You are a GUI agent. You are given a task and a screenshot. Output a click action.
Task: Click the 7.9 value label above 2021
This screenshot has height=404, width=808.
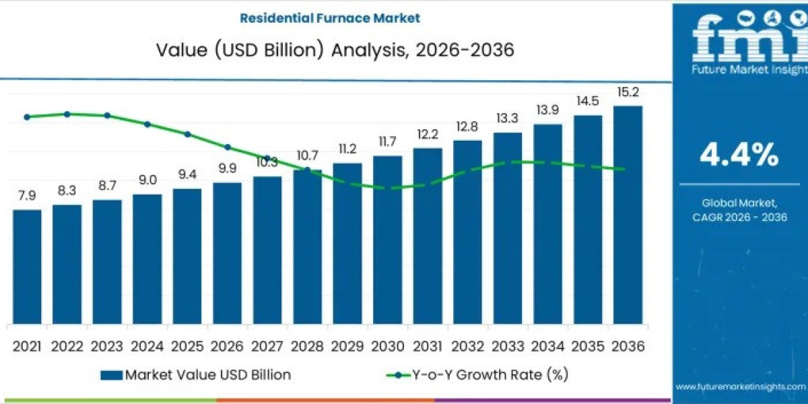coord(27,195)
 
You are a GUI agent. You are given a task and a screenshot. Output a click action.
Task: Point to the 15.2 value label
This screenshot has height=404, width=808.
coord(628,92)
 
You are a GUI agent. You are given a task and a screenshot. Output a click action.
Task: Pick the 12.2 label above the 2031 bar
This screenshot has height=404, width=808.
coord(428,134)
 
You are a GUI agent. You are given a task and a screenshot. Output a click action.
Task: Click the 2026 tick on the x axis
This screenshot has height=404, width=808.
coord(227,346)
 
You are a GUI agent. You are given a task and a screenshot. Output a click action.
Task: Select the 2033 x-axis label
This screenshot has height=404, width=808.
coord(508,346)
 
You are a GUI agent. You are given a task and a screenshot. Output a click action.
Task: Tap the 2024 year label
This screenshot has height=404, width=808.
coord(147,346)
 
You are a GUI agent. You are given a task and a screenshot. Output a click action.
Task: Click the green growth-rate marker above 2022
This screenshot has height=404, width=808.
coord(67,114)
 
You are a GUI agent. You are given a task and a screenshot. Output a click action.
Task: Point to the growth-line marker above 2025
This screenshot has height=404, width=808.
coord(187,134)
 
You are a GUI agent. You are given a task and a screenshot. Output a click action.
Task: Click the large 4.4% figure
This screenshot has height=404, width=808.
coord(739,156)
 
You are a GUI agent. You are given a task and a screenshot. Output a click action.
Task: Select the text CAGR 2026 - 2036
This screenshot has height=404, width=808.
coord(739,217)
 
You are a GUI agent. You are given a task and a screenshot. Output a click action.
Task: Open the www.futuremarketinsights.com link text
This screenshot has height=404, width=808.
coord(739,386)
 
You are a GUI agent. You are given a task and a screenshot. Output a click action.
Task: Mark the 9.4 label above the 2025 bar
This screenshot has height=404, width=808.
coord(187,174)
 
